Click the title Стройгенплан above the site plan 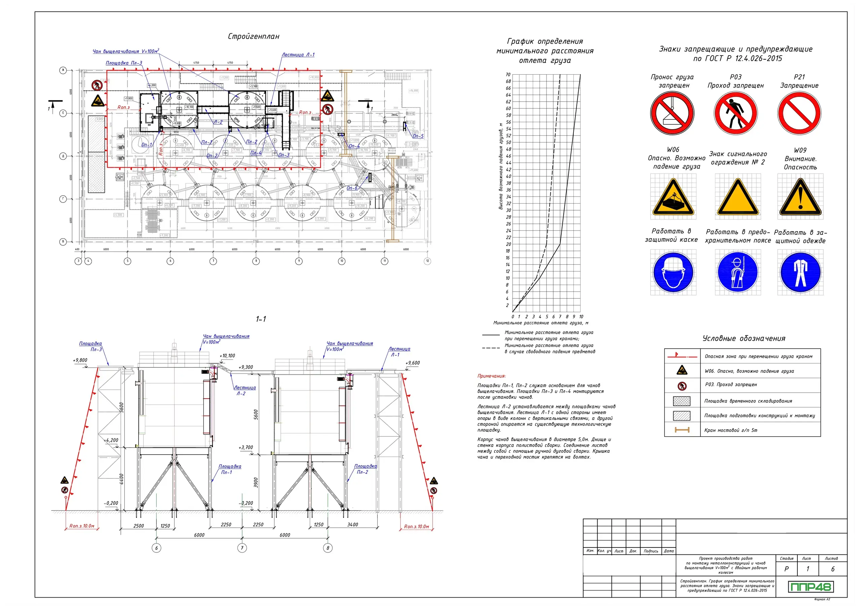click(254, 36)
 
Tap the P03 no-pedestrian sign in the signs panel click(735, 113)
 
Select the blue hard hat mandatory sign click(673, 273)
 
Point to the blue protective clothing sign click(800, 273)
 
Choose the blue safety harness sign click(737, 273)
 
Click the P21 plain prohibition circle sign click(799, 113)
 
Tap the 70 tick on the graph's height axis click(508, 75)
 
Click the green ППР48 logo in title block click(810, 587)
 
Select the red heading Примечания click(491, 376)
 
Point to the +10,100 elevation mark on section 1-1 click(227, 356)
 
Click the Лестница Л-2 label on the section click(244, 390)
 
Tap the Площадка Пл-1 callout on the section click(229, 469)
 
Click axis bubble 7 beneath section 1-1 click(242, 548)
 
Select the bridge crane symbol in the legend click(682, 430)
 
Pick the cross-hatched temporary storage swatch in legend click(681, 401)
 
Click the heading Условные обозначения click(744, 338)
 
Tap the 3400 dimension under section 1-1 click(352, 525)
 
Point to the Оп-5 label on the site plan click(418, 136)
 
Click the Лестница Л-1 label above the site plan click(298, 55)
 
